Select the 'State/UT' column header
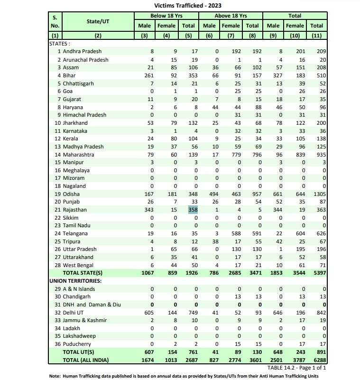98,21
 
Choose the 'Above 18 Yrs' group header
231,16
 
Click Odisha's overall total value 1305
316,194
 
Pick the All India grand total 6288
316,360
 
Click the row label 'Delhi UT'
74,313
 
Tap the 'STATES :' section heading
60,43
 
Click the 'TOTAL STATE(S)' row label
83,273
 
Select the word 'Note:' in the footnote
55,376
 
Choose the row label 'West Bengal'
78,265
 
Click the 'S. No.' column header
55,21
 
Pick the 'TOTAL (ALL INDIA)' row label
86,360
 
